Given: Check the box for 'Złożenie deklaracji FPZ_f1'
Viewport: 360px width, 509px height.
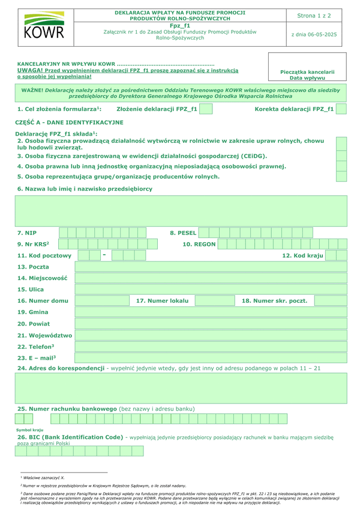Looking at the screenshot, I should [206, 109].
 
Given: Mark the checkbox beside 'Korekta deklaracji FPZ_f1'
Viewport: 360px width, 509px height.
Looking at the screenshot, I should [341, 109].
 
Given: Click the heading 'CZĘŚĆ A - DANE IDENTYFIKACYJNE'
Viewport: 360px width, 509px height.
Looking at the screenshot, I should [69, 122].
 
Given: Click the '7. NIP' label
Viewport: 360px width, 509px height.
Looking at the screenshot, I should [27, 232].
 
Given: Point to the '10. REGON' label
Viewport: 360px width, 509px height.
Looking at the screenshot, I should [199, 244].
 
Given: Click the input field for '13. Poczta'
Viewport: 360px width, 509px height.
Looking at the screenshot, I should [211, 267].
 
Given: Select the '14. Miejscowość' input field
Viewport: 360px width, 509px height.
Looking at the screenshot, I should [211, 278].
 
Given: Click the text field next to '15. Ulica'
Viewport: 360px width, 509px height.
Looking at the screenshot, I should [211, 290].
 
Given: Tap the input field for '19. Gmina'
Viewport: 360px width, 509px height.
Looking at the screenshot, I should [211, 312].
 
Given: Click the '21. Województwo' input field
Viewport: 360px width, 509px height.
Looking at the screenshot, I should [211, 336].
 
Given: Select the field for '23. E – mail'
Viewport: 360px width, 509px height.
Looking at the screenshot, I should [211, 359].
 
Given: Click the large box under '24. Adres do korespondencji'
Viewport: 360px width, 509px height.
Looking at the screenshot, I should [180, 387].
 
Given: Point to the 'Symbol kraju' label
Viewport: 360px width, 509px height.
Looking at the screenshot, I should [30, 430].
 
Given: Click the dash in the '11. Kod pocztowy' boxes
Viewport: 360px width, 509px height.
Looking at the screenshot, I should [104, 255].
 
